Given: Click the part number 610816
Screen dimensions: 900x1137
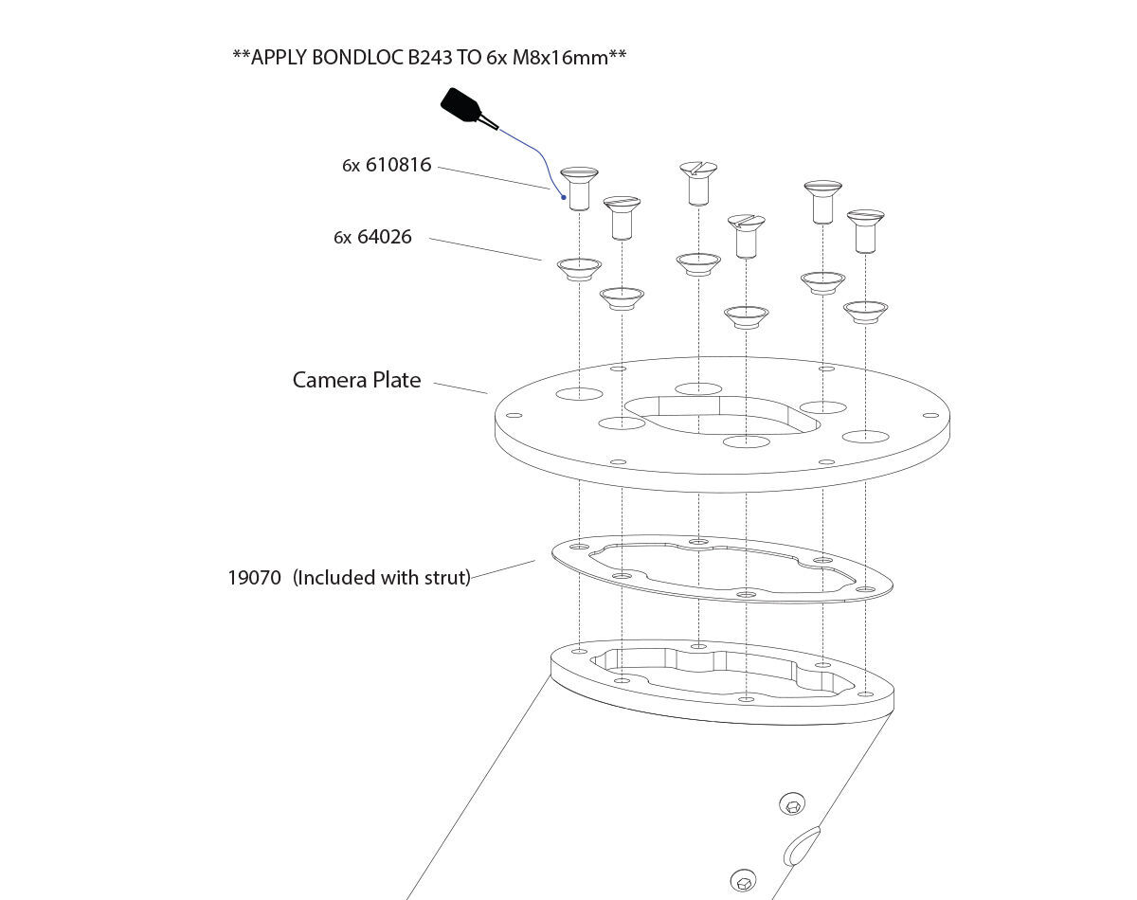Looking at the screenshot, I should (398, 165).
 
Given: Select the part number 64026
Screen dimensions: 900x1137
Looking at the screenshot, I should (385, 237).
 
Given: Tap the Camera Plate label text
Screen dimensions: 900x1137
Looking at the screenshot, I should (356, 380).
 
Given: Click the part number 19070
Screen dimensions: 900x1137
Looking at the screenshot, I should (254, 577).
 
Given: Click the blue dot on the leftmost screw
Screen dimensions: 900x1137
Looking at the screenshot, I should (564, 197).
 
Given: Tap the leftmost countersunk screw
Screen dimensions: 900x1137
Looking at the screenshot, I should (579, 187).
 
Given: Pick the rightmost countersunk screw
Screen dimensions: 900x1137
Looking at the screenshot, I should (865, 229).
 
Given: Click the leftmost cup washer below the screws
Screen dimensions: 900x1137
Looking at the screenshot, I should (579, 268).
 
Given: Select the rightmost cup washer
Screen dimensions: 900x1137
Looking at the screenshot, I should (865, 311).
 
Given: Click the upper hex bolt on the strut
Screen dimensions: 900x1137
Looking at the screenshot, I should (792, 806).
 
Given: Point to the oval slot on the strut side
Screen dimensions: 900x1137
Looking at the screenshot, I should (802, 846).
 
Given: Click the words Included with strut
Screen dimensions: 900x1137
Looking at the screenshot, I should (382, 577).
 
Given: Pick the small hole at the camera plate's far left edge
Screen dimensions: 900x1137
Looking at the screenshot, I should (515, 414).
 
